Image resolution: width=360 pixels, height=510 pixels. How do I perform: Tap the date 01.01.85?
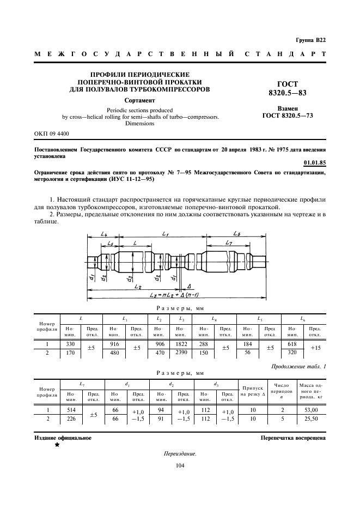315,162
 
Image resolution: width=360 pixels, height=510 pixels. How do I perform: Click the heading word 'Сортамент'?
140,100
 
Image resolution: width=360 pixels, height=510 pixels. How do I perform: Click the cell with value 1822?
181,344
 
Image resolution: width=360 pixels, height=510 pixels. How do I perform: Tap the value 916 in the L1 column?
114,344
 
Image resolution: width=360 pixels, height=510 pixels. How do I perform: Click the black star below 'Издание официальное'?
57,445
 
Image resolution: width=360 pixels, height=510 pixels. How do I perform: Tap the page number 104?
180,465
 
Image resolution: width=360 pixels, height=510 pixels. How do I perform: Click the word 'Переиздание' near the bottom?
180,453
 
